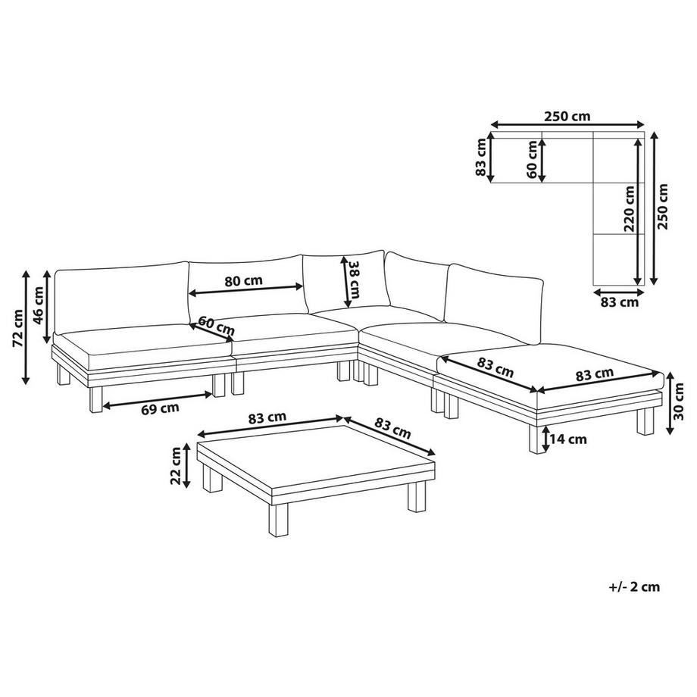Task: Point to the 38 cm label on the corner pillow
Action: (x=354, y=280)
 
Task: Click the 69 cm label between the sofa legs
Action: (x=161, y=408)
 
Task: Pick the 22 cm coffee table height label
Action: (x=176, y=465)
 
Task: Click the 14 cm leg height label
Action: (x=569, y=439)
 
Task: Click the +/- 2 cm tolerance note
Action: (x=633, y=586)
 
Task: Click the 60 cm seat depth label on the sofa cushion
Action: (x=217, y=328)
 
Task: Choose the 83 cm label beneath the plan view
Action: (x=619, y=302)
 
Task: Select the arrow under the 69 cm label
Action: (x=158, y=399)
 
